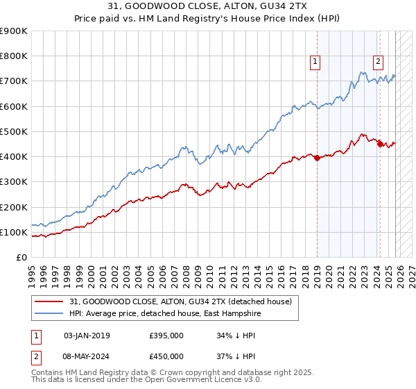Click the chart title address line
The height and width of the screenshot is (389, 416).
[208, 7]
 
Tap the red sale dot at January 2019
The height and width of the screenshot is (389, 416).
[317, 158]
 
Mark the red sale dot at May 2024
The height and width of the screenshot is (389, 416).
[380, 144]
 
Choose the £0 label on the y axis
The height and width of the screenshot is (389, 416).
[21, 257]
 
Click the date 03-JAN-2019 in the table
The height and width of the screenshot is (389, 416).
[87, 336]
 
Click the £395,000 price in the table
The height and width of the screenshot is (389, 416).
[166, 336]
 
